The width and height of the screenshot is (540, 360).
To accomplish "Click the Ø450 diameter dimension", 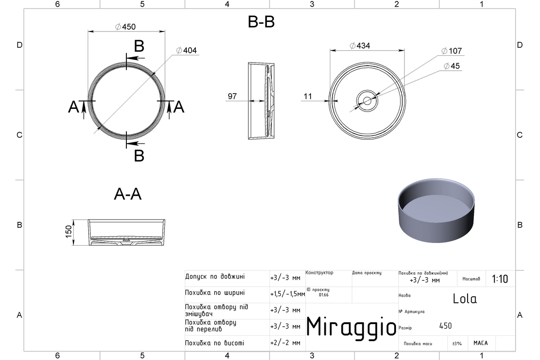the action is (x=126, y=27).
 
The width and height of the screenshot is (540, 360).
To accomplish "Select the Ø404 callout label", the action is (x=186, y=50).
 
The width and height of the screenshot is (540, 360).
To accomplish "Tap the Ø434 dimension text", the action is (x=360, y=45).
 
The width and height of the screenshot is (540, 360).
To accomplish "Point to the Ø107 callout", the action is (x=451, y=51).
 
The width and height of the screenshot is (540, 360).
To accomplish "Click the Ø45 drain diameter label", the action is (x=452, y=66).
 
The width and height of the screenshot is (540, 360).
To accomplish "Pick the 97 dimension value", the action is (x=232, y=96).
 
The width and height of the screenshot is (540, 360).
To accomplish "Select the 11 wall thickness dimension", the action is (x=308, y=96).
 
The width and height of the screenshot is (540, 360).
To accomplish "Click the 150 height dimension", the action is (x=69, y=231).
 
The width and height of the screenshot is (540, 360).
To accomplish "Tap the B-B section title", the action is (x=261, y=22).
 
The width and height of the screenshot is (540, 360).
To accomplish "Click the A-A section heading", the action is (x=127, y=194).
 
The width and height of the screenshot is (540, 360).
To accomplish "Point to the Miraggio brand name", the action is (x=351, y=328).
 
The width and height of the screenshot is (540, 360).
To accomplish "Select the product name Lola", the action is (x=464, y=299).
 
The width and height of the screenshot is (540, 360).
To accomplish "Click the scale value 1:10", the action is (x=500, y=279).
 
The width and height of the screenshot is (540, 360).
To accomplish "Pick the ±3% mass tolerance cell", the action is (x=457, y=343).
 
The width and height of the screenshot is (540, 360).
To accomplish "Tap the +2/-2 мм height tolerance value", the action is (x=285, y=342).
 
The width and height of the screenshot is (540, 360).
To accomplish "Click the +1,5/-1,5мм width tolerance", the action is (x=288, y=294).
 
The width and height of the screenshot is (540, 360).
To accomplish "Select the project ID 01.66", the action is (x=324, y=295).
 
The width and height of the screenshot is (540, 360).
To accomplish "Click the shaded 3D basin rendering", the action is (x=436, y=211).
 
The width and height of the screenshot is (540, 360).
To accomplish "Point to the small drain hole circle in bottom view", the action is (x=367, y=101).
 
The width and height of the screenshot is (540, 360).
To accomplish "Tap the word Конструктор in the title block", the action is (x=319, y=272).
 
